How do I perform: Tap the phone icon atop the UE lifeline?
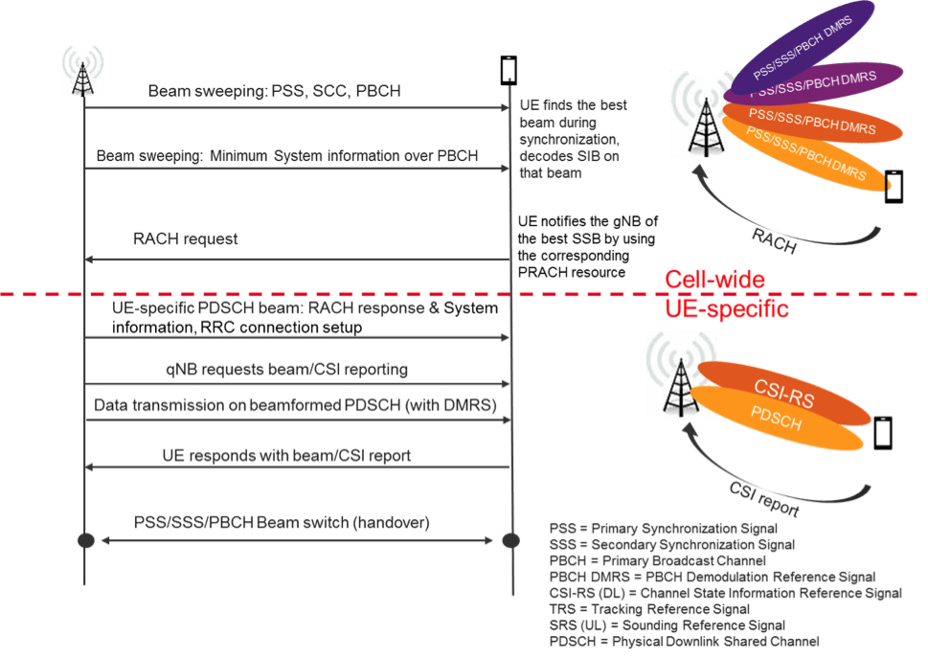(509, 70)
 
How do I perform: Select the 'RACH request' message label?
(186, 238)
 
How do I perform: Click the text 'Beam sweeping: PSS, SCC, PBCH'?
(274, 91)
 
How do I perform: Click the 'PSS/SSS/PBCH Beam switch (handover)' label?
(282, 523)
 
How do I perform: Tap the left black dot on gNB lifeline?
(84, 540)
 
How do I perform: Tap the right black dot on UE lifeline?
(509, 540)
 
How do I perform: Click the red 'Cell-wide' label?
(714, 280)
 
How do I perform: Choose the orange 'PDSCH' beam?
(785, 422)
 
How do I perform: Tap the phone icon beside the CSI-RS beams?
(883, 434)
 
